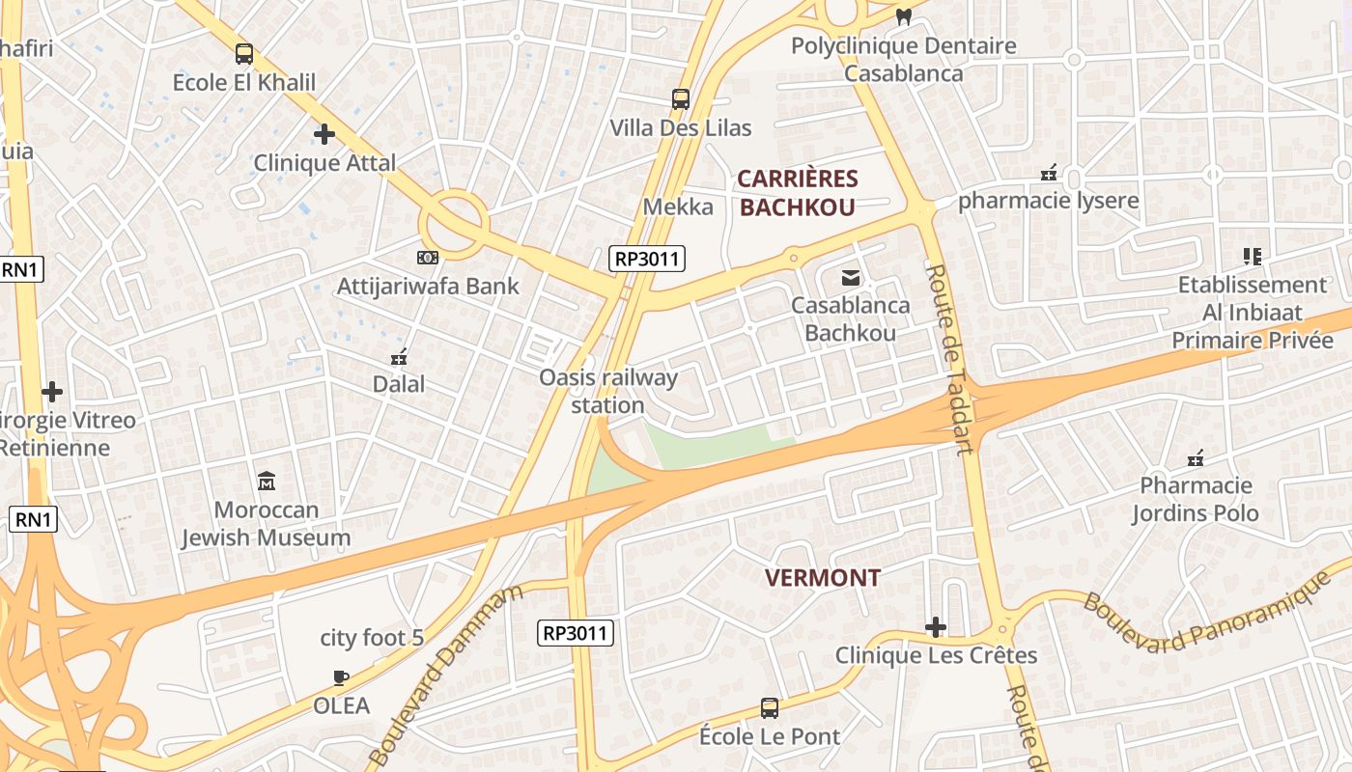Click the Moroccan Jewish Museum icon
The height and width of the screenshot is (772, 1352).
click(267, 480)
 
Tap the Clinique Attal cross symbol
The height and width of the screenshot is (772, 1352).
click(324, 134)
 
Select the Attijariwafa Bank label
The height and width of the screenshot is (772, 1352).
click(427, 287)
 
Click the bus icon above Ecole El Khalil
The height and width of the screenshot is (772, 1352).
click(244, 54)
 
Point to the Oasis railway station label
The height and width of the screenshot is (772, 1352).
click(608, 391)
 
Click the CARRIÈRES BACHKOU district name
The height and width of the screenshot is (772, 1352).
click(798, 192)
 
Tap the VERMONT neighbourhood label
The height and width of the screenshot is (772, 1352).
click(823, 578)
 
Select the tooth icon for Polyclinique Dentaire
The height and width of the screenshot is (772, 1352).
click(904, 16)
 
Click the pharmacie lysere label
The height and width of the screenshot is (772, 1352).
click(1049, 201)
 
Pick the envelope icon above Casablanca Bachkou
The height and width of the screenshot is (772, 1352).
click(851, 278)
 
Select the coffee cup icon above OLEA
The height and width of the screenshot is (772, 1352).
click(340, 676)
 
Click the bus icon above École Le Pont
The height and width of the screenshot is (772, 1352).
click(770, 707)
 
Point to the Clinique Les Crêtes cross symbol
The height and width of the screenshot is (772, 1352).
click(935, 628)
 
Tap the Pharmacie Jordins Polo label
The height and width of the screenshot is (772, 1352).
click(1196, 499)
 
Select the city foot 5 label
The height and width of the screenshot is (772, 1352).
click(372, 638)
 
